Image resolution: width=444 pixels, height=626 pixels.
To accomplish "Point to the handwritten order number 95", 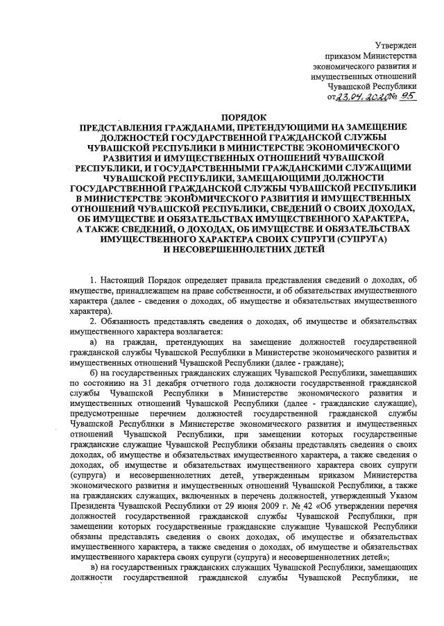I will [x=408, y=97].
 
